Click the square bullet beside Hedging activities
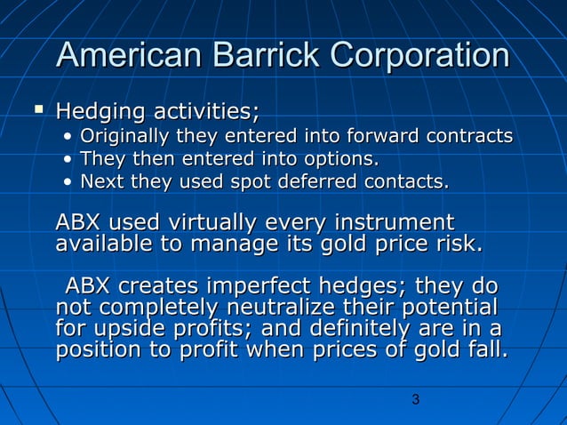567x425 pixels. [x=37, y=111]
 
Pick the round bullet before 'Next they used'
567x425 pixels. [x=68, y=183]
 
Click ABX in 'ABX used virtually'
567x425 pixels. [x=79, y=221]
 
